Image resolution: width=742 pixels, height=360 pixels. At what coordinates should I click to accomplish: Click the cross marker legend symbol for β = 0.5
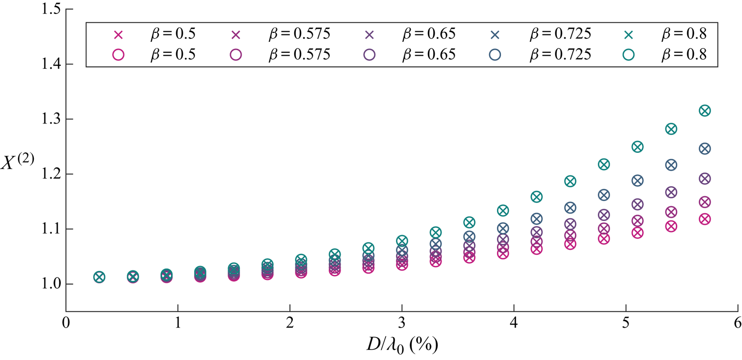(x=119, y=35)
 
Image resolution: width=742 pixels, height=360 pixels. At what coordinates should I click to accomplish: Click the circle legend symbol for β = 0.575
(x=237, y=55)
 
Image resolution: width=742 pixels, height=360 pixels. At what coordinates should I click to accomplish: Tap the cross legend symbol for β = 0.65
(x=369, y=35)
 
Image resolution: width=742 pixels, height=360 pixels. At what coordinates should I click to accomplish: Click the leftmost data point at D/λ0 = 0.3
(x=99, y=277)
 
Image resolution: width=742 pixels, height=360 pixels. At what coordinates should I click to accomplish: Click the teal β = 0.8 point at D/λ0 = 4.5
(x=570, y=181)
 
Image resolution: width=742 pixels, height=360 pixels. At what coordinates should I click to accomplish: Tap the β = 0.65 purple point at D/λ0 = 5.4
(x=671, y=192)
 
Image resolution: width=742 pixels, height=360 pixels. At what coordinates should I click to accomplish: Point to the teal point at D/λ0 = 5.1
(x=637, y=147)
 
